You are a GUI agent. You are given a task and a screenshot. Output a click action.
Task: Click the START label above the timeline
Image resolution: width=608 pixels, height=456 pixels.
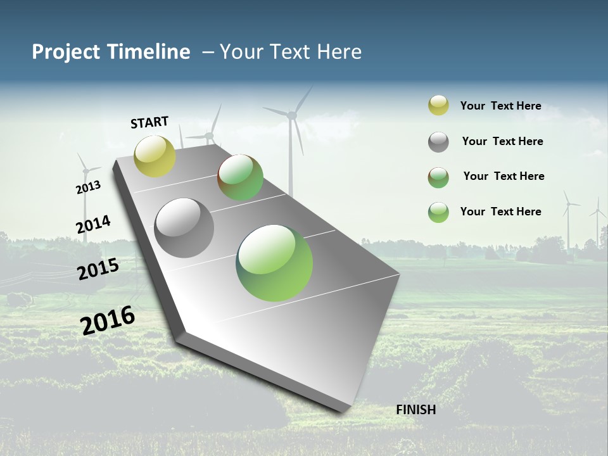click(x=149, y=122)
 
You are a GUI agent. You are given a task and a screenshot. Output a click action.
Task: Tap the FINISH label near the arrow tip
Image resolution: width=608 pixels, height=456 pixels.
click(x=415, y=410)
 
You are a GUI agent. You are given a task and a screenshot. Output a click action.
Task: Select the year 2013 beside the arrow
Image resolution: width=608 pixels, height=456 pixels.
click(x=88, y=187)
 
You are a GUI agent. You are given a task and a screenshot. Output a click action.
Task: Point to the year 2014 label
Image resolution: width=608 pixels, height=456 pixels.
click(x=93, y=225)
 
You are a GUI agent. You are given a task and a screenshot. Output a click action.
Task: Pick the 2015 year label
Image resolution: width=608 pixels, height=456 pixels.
click(x=98, y=269)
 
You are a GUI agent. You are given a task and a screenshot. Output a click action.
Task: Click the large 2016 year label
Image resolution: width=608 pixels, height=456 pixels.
click(x=108, y=320)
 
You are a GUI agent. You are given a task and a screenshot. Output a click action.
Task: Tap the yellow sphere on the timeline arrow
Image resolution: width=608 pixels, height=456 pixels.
click(x=155, y=156)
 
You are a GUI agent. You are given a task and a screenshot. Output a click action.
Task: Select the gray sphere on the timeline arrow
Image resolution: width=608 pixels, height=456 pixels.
click(x=184, y=228)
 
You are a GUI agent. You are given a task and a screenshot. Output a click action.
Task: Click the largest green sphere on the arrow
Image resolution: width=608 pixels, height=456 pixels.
click(x=274, y=263)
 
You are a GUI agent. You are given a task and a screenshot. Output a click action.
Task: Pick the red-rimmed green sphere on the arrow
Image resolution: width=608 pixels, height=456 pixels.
click(x=240, y=177)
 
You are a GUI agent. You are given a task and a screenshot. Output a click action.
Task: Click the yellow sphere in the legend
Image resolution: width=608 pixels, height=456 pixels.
click(x=438, y=106)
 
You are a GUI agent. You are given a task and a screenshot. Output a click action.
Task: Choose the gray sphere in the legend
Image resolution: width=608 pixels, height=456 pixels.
click(x=438, y=142)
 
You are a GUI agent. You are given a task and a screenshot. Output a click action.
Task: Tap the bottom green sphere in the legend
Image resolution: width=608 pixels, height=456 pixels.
click(x=438, y=212)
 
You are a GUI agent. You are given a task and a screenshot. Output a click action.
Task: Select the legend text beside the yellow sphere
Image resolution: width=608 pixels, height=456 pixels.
click(x=500, y=106)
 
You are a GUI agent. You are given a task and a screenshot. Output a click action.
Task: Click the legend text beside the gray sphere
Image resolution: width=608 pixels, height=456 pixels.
click(x=502, y=141)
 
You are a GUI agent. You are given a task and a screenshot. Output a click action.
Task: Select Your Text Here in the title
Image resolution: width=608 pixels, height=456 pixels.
click(x=291, y=52)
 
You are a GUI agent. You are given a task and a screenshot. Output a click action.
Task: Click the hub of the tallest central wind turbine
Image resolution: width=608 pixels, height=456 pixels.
click(x=291, y=115)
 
